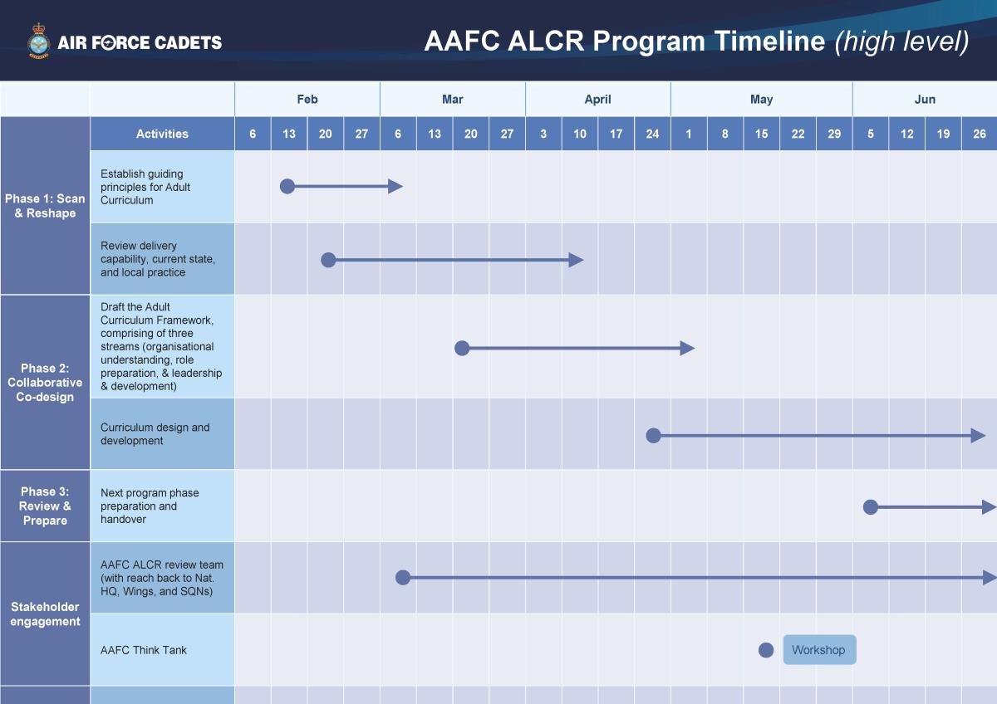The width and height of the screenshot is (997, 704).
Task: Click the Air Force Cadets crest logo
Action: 38,42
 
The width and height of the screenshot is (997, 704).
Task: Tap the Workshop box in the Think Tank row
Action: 818,650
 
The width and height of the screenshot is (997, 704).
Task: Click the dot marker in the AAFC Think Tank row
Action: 766,650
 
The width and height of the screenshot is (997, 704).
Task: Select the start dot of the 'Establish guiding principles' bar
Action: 287,186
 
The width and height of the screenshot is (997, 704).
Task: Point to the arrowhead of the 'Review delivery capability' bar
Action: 576,260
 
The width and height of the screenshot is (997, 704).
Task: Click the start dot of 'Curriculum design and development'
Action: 653,435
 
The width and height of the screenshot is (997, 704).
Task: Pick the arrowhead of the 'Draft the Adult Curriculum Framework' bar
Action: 687,348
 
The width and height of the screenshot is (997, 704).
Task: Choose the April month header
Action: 597,99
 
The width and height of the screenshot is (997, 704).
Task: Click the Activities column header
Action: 162,134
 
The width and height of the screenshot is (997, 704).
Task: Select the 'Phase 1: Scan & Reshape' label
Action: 45,206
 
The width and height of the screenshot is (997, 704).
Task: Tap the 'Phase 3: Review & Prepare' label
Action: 45,506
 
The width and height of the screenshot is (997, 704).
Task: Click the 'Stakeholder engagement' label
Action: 45,614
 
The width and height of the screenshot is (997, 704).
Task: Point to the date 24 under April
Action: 652,134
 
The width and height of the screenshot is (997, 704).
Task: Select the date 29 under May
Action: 834,134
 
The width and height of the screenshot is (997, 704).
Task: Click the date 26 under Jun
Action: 980,134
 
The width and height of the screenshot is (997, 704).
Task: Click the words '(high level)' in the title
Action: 901,41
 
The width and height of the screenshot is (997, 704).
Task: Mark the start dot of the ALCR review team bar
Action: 403,577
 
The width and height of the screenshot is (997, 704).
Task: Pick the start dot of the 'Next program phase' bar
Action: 870,506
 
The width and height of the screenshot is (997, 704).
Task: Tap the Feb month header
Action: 307,99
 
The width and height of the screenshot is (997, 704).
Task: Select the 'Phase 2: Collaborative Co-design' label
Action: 45,383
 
